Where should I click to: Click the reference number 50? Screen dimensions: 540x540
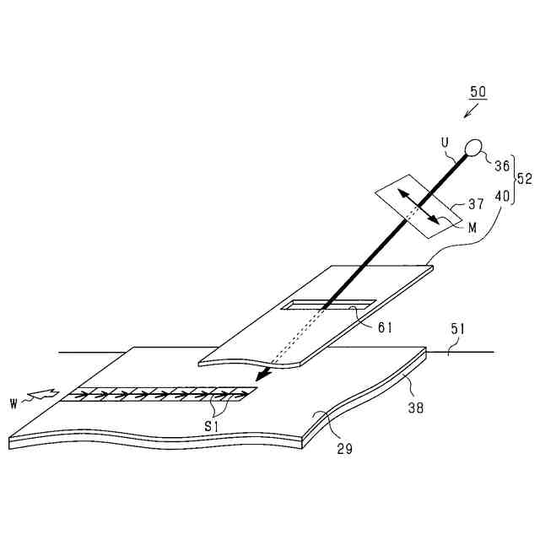point(478,93)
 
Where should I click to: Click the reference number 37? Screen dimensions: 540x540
point(477,204)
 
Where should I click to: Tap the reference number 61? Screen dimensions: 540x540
point(385,327)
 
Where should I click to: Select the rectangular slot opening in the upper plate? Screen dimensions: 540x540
point(329,304)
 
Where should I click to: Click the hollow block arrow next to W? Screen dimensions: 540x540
point(39,393)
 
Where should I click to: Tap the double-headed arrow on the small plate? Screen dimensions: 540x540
point(418,208)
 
